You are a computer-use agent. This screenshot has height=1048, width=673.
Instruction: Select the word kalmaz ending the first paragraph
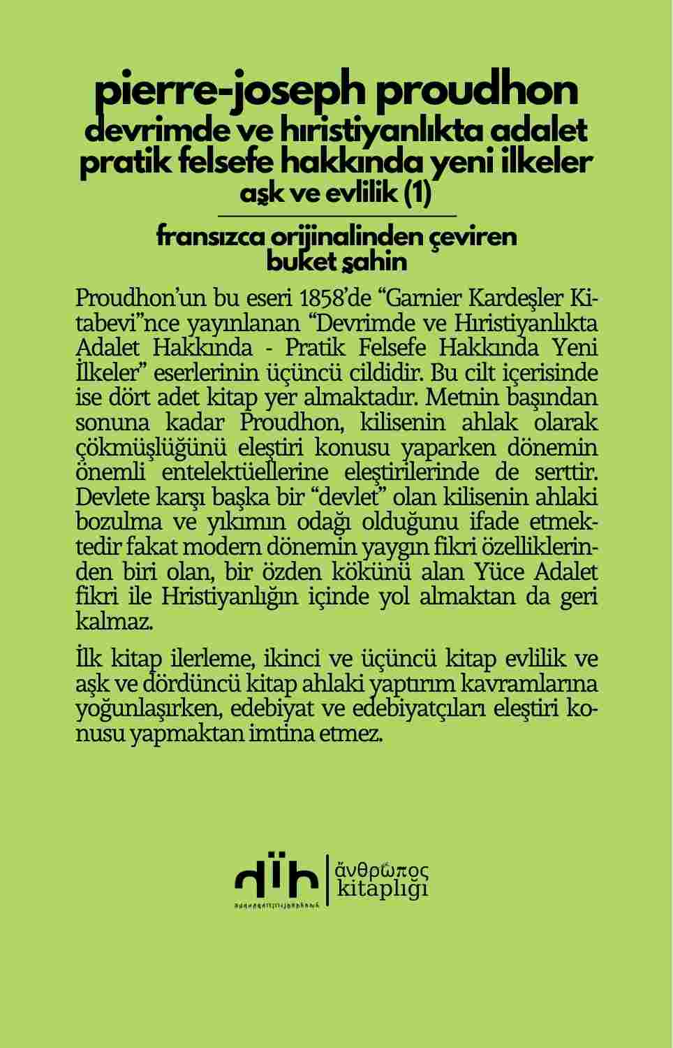click(112, 621)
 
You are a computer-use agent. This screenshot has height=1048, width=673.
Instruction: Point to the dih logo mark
click(276, 882)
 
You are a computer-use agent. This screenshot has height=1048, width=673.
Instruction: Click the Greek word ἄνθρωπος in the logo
click(382, 871)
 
